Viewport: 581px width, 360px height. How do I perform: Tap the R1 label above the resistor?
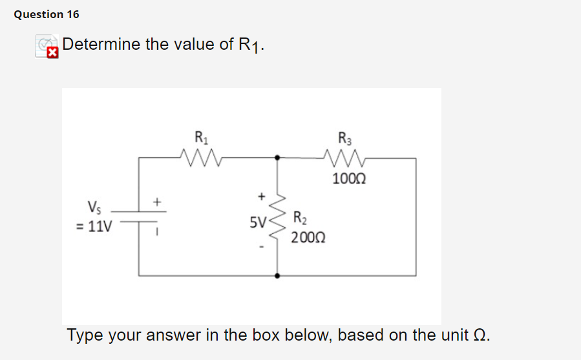[x=201, y=138]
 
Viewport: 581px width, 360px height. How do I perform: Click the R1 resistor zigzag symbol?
[x=201, y=157]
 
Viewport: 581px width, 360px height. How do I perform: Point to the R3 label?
[x=344, y=138]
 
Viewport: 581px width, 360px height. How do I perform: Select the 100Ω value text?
[x=349, y=179]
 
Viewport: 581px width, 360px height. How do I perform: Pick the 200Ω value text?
[x=308, y=238]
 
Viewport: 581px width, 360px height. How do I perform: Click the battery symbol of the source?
[x=139, y=217]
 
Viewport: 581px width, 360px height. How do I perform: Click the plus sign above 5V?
[x=261, y=194]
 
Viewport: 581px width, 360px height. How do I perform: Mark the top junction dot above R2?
[x=278, y=157]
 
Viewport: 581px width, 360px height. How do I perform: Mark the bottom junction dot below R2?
[x=278, y=275]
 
